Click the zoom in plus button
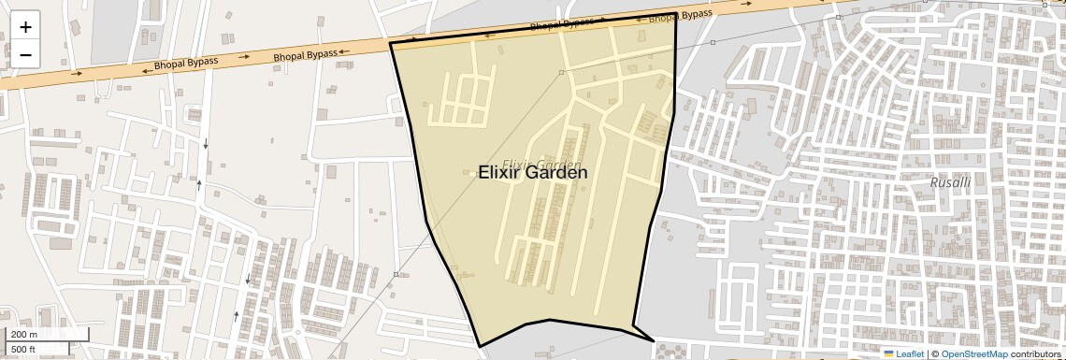coord(25,27)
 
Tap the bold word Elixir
coord(504,173)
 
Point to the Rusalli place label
coord(950,182)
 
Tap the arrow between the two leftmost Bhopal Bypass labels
coord(243,57)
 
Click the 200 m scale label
coord(24,334)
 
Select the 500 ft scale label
coord(24,350)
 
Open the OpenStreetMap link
coord(973,353)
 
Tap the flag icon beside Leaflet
coord(889,353)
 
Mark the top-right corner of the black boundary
coord(676,14)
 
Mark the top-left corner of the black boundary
coord(390,43)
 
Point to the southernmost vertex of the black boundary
coord(481,347)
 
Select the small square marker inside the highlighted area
coord(561,72)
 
